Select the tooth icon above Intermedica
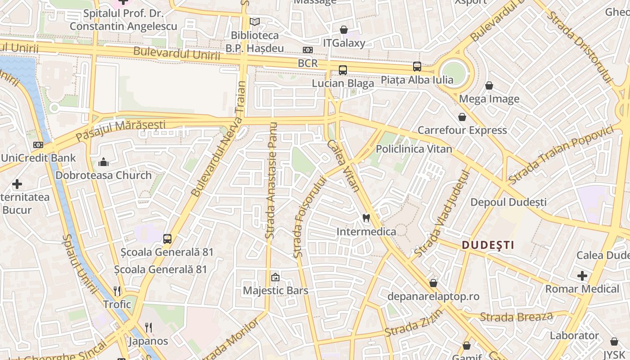[366, 218]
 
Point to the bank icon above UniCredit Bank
[38, 145]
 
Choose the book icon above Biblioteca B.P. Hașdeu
[255, 22]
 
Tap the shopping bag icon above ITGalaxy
[344, 30]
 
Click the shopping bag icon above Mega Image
[489, 85]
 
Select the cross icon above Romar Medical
[582, 275]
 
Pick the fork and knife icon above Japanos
[148, 327]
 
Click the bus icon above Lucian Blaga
[343, 70]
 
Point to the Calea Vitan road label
[343, 166]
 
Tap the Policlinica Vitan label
[414, 149]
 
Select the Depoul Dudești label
[508, 202]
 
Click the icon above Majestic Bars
[275, 277]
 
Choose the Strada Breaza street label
[516, 317]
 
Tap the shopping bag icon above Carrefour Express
[462, 117]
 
